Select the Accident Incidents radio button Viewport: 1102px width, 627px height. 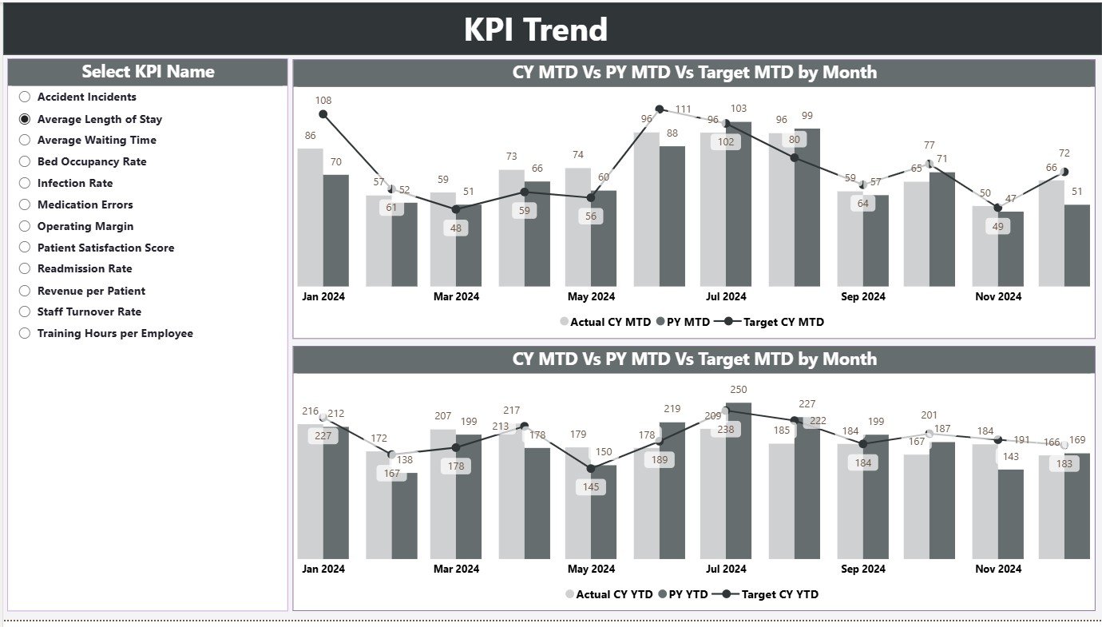tap(25, 97)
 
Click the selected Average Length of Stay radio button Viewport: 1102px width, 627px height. tap(25, 119)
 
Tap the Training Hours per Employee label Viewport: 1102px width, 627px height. tap(115, 334)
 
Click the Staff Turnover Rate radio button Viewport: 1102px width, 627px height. tap(25, 312)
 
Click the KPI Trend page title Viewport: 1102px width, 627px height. tap(536, 30)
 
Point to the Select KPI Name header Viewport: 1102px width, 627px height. tap(148, 72)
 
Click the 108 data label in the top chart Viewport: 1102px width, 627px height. tap(323, 101)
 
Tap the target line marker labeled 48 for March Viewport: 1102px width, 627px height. tap(456, 209)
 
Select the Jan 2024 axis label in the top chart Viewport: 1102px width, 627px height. tap(323, 296)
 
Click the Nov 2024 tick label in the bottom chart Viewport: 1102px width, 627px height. tap(998, 569)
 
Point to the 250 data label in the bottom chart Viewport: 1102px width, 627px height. tap(739, 389)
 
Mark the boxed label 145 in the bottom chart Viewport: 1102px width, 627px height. tap(591, 487)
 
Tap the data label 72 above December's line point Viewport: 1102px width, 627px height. tap(1064, 153)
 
